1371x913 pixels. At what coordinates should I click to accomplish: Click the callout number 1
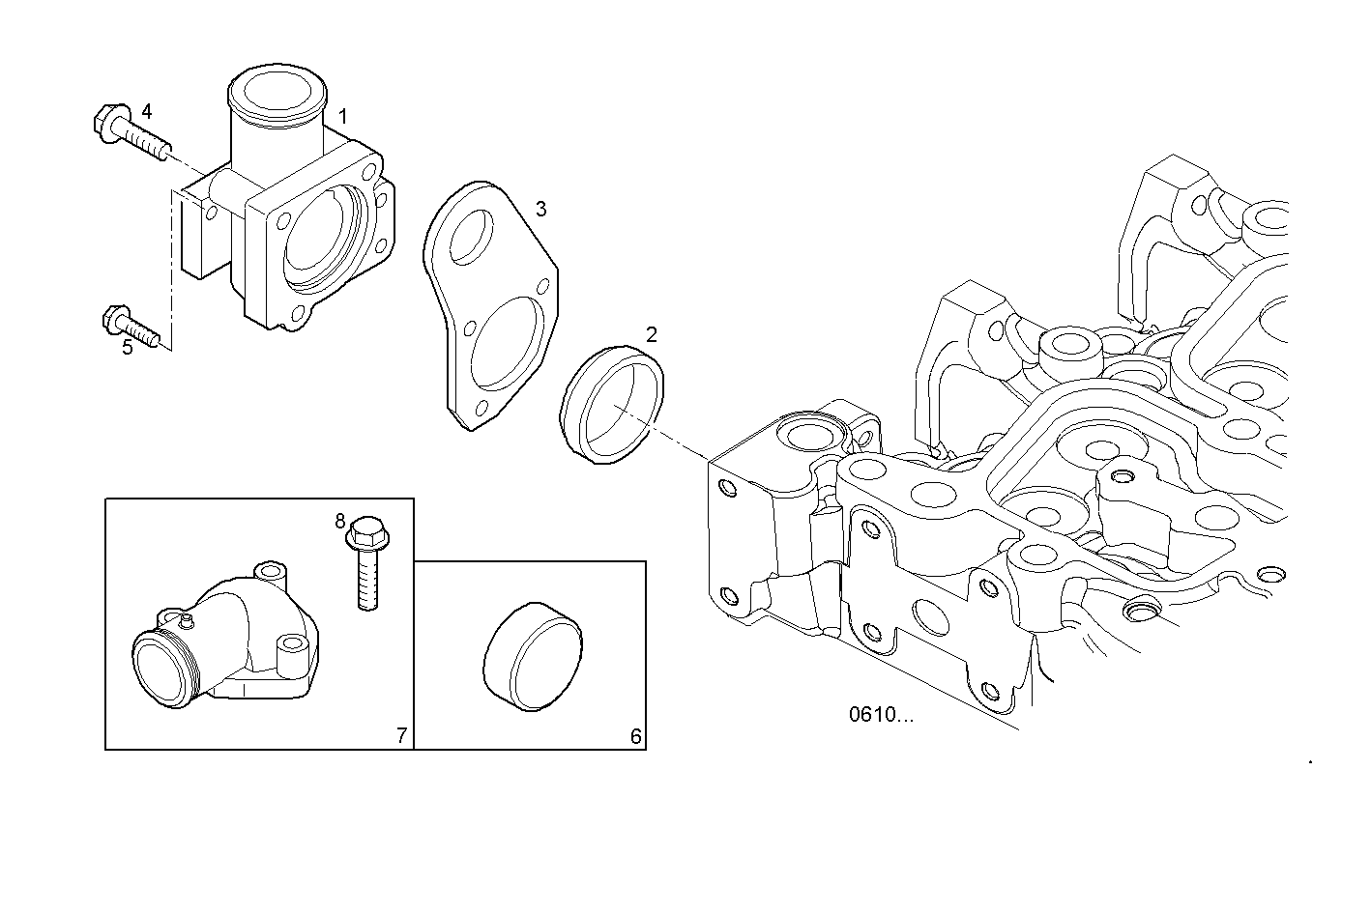(x=342, y=116)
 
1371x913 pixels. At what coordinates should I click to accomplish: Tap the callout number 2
(x=652, y=334)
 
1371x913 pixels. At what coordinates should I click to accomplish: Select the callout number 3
(x=541, y=209)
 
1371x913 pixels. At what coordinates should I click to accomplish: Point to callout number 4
(x=146, y=111)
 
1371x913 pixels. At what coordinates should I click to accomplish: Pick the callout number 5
(x=128, y=348)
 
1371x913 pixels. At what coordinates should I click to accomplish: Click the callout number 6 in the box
(x=635, y=736)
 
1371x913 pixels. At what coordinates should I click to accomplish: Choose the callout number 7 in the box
(x=402, y=736)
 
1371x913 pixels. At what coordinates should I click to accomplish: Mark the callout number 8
(x=340, y=521)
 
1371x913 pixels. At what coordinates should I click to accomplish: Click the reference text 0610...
(x=880, y=715)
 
